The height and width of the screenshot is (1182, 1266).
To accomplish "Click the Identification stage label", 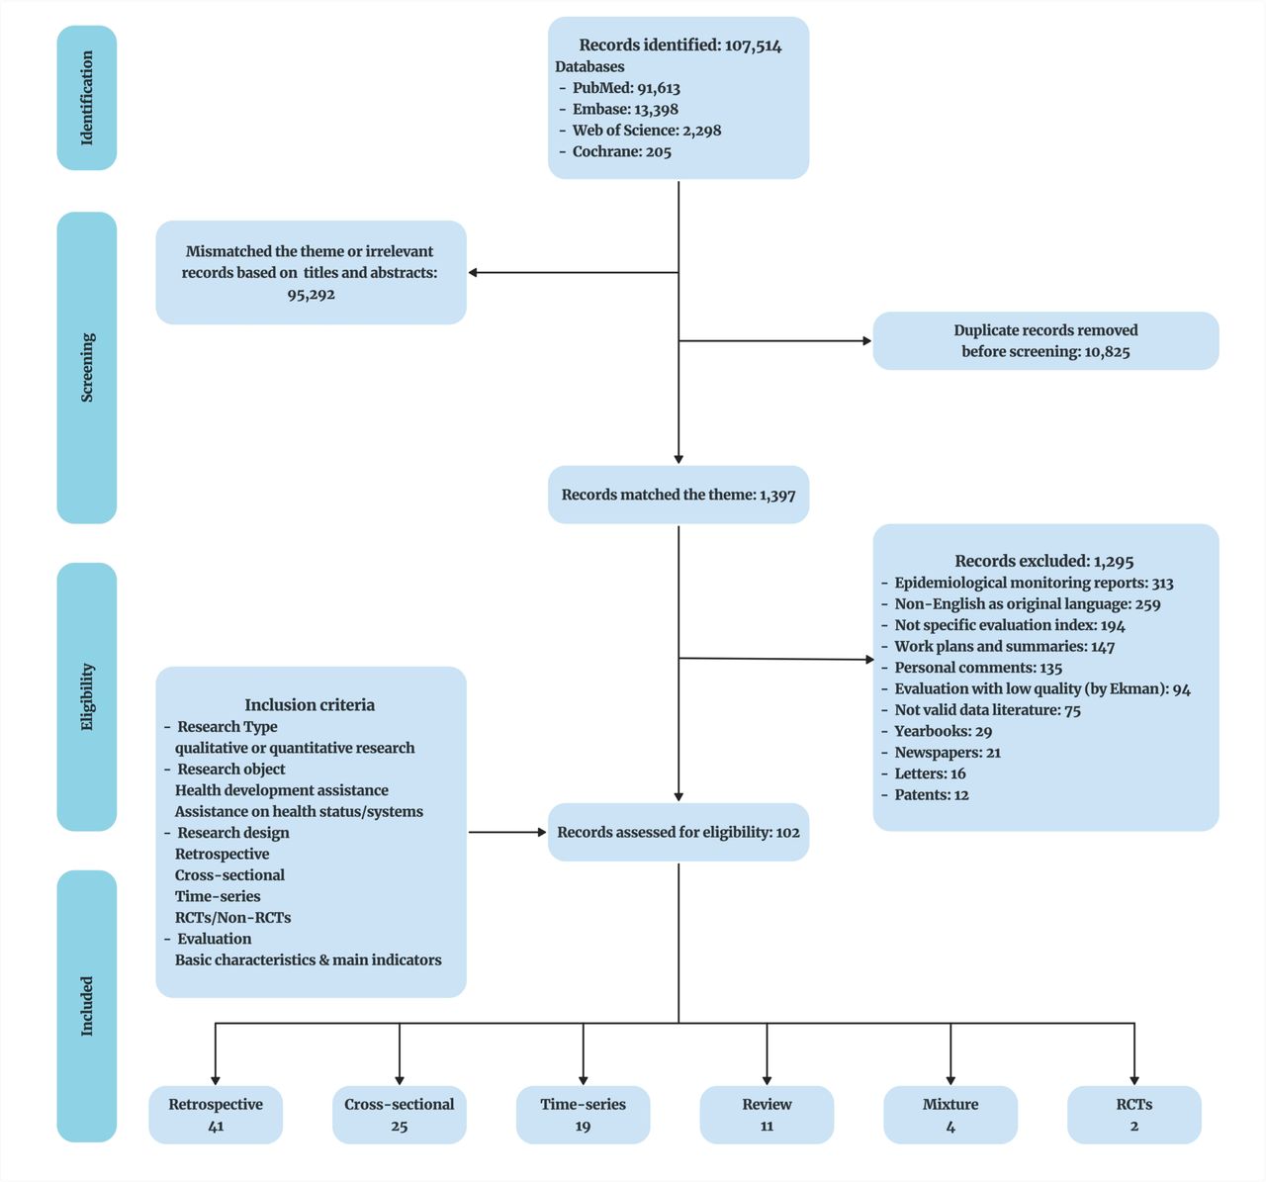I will pyautogui.click(x=87, y=98).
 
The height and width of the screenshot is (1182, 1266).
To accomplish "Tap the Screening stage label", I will pyautogui.click(x=87, y=367).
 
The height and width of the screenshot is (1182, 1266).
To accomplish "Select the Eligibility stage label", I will pyautogui.click(x=87, y=696).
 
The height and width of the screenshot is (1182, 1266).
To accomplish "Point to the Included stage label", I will pyautogui.click(x=87, y=1006).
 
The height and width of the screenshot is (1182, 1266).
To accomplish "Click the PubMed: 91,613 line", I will pyautogui.click(x=625, y=88).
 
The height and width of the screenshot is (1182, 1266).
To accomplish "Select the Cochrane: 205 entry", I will pyautogui.click(x=620, y=152).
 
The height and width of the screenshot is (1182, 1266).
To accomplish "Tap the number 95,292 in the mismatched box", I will pyautogui.click(x=311, y=295).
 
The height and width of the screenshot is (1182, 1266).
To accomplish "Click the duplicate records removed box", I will pyautogui.click(x=1045, y=341).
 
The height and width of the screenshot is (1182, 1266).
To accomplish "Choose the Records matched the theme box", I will pyautogui.click(x=678, y=495).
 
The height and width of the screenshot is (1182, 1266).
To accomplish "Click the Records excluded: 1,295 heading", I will pyautogui.click(x=1044, y=561).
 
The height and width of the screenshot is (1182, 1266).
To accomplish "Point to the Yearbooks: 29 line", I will pyautogui.click(x=943, y=731).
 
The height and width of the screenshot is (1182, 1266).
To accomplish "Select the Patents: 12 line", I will pyautogui.click(x=931, y=795).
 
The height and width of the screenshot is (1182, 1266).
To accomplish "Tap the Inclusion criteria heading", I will pyautogui.click(x=310, y=705).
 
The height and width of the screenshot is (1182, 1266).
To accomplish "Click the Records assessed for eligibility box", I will pyautogui.click(x=678, y=832).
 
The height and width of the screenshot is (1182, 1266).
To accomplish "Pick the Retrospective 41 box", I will pyautogui.click(x=216, y=1115).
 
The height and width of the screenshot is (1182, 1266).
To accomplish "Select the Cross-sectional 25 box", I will pyautogui.click(x=400, y=1115).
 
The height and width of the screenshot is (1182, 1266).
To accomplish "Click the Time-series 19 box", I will pyautogui.click(x=583, y=1115).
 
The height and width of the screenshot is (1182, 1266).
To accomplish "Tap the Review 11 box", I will pyautogui.click(x=767, y=1115).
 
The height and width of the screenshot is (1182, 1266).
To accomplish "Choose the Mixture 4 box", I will pyautogui.click(x=950, y=1115).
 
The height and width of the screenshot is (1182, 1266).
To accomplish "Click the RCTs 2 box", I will pyautogui.click(x=1134, y=1115).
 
